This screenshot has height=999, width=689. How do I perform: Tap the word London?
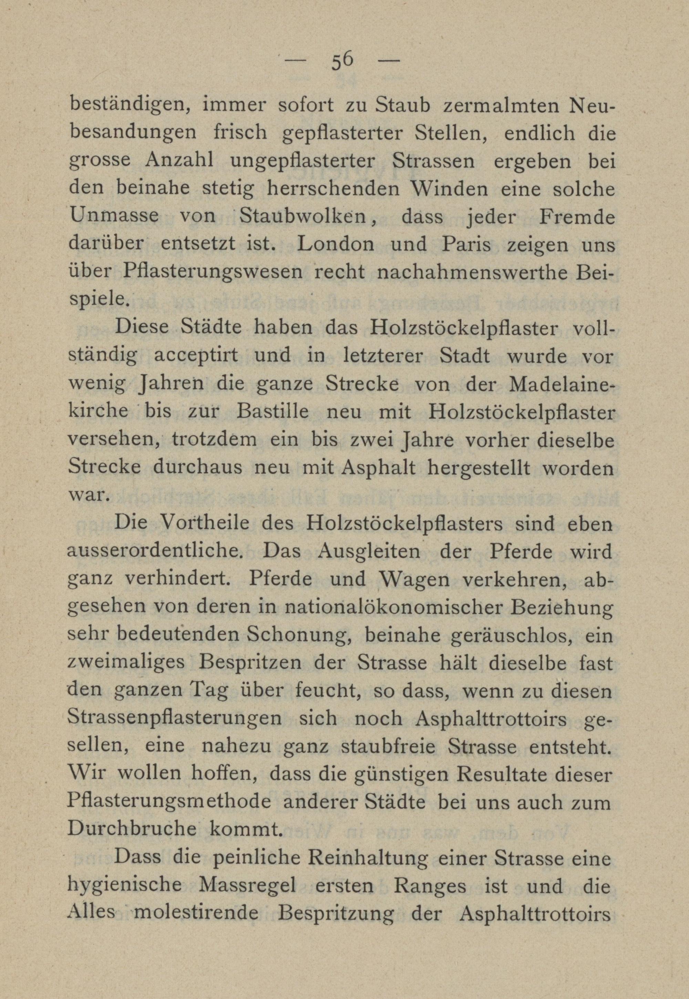pos(336,244)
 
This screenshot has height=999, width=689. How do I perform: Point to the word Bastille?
pos(273,411)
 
